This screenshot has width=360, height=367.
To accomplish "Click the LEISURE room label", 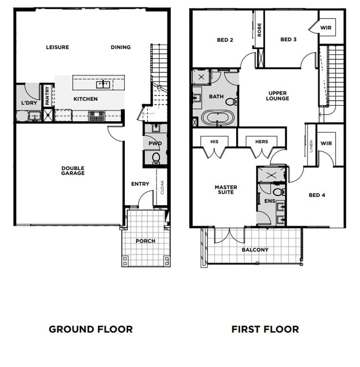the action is point(58,47).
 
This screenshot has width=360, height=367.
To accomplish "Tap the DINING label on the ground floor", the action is point(120,47).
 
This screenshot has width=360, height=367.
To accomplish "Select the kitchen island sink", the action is point(103,84).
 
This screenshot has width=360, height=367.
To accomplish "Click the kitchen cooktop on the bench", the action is point(97,116).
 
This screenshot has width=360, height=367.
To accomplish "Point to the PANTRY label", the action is point(47,96).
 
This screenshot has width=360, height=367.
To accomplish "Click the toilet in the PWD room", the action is point(156,158).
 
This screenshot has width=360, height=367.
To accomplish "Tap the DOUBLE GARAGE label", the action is point(73,171).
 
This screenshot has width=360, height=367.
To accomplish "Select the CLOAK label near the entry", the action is point(162,187).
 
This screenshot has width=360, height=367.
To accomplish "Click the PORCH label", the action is point(145,241).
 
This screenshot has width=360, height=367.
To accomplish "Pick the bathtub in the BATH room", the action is point(218,118).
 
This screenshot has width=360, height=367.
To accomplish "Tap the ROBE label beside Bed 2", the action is point(259,30).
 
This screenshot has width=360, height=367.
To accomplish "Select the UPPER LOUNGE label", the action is point(278,96).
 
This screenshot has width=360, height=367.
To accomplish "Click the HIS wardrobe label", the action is point(214,142).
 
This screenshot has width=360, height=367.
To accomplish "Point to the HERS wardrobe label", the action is point(261,142).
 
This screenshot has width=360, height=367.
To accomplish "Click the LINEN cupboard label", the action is point(311,146).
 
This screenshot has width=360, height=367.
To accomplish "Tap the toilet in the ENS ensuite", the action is point(279,192).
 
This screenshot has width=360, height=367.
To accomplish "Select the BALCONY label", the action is point(255,250).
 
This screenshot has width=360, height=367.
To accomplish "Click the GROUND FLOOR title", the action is point(91,329).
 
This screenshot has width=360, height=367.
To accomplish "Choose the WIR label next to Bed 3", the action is point(326,28).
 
